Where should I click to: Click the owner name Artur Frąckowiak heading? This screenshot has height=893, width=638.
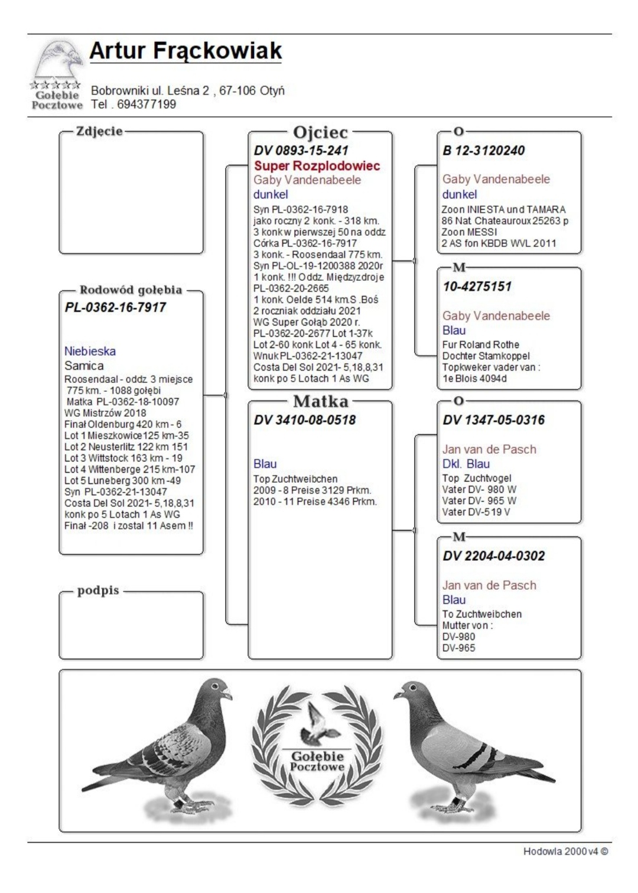click(x=185, y=51)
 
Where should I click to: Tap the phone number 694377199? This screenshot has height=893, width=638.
click(x=146, y=105)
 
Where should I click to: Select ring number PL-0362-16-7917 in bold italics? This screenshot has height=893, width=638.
click(x=115, y=307)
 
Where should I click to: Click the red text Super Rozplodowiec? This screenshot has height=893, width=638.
click(x=317, y=165)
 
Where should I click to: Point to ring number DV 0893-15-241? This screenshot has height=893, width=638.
click(x=301, y=150)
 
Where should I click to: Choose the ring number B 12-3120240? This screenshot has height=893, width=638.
click(x=483, y=150)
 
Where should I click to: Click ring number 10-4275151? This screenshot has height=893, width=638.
click(x=477, y=286)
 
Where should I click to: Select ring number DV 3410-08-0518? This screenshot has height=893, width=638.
click(x=304, y=420)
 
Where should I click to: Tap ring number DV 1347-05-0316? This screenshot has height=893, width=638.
click(x=493, y=420)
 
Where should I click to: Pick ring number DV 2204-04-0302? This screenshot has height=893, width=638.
click(x=493, y=556)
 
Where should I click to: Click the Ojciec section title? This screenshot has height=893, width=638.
click(x=320, y=132)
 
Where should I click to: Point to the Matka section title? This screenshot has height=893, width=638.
click(x=320, y=402)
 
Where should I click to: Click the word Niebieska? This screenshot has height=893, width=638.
click(x=90, y=351)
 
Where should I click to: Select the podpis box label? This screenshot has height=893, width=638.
click(x=98, y=590)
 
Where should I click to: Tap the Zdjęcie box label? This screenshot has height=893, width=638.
click(x=99, y=131)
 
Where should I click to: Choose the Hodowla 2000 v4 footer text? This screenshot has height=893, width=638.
click(x=565, y=851)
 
